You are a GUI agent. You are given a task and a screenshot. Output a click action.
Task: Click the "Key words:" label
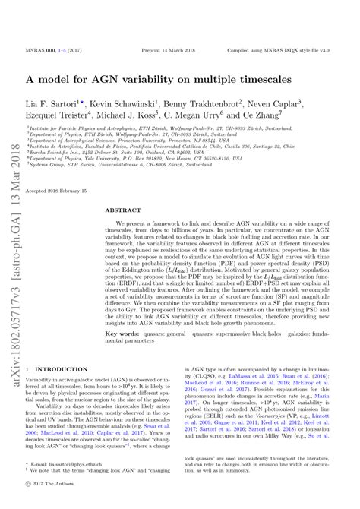[x=122, y=333]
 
